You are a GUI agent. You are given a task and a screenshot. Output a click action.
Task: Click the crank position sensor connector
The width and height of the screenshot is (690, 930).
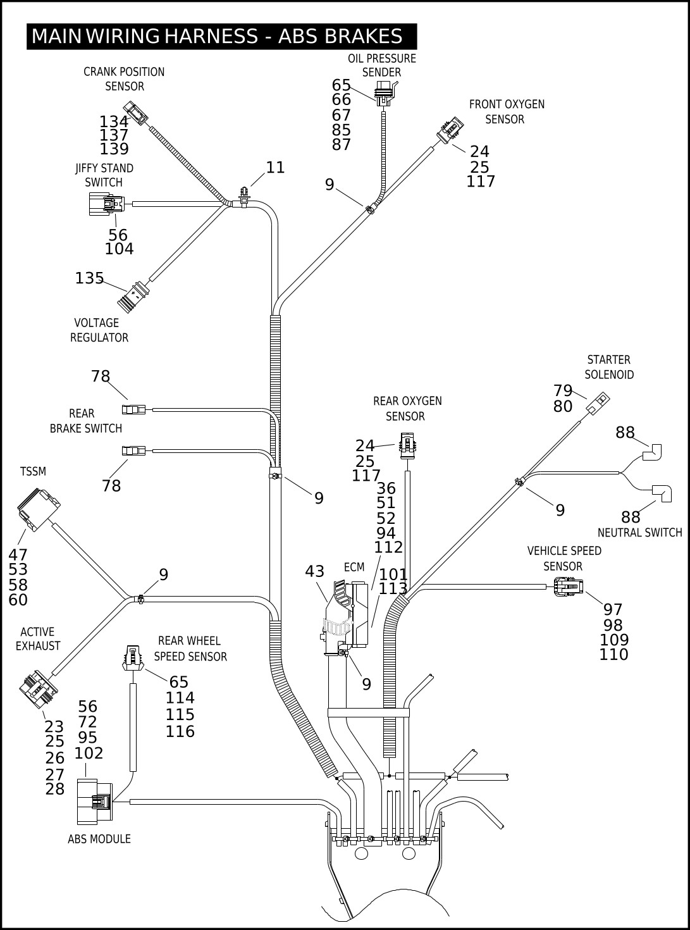tap(135, 111)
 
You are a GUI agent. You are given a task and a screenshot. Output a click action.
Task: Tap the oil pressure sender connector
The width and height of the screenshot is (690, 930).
tap(383, 92)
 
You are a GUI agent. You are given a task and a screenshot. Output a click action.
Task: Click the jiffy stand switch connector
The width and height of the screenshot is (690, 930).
tap(106, 204)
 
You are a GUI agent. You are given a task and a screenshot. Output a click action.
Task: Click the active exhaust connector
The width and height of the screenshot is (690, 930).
tap(38, 690)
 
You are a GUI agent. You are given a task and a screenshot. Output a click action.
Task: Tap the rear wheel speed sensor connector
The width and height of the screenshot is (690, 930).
tap(132, 657)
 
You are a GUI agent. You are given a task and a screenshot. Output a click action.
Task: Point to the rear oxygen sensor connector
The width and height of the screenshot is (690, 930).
tap(407, 445)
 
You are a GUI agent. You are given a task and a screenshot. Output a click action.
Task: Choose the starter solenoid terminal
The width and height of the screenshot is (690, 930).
tap(598, 402)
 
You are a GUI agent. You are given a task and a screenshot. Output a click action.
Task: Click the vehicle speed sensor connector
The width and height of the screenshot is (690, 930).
tap(569, 587)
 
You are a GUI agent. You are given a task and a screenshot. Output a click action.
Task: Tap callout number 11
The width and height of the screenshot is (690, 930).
tap(275, 168)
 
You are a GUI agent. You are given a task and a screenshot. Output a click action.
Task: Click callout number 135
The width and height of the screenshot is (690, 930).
tap(89, 278)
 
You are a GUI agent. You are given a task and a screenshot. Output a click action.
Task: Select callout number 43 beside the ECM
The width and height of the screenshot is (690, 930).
tap(314, 571)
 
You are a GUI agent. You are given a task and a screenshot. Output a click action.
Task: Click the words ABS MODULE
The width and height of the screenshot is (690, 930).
tap(99, 839)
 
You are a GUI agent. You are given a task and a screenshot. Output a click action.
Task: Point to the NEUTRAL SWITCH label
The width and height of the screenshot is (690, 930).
tap(639, 533)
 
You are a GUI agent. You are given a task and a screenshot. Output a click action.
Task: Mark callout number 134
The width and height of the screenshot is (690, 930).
tap(114, 121)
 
